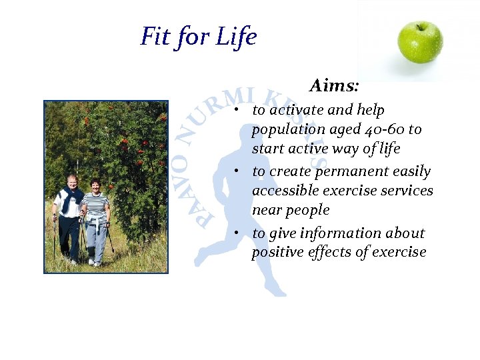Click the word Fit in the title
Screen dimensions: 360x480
pyautogui.click(x=155, y=36)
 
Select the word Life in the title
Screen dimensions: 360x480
pyautogui.click(x=237, y=36)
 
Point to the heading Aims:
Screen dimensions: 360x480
pyautogui.click(x=335, y=86)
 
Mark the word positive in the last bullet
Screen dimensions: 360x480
pyautogui.click(x=275, y=253)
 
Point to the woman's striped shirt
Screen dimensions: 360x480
pyautogui.click(x=95, y=203)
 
